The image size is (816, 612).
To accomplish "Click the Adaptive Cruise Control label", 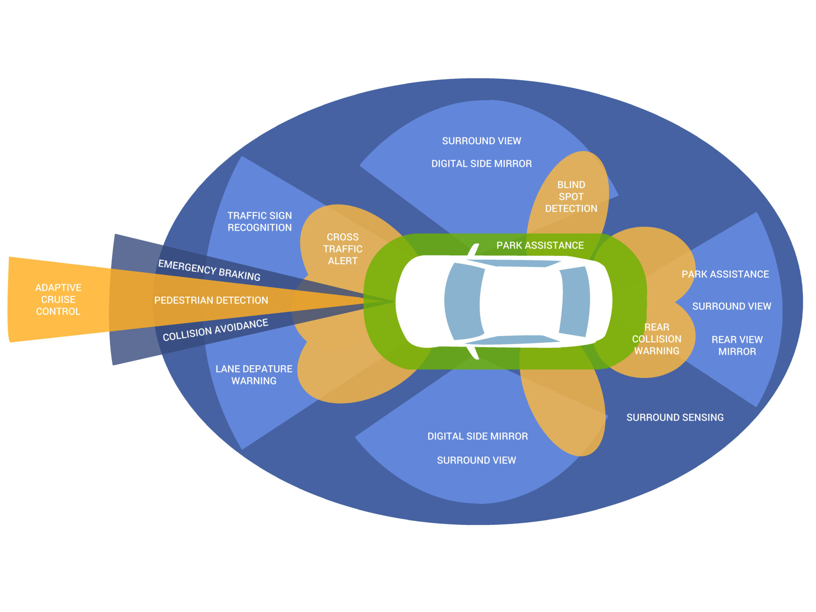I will pyautogui.click(x=58, y=299).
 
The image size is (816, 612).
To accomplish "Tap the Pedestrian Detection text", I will pyautogui.click(x=211, y=300).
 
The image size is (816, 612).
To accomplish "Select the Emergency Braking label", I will pyautogui.click(x=209, y=270).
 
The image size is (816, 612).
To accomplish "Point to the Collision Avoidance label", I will pyautogui.click(x=215, y=330).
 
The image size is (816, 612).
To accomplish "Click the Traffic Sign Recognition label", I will pyautogui.click(x=259, y=222).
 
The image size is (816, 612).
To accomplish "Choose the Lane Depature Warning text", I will pyautogui.click(x=254, y=375).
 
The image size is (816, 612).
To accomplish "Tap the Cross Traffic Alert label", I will pyautogui.click(x=343, y=249).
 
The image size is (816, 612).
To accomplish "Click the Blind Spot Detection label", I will pyautogui.click(x=571, y=196).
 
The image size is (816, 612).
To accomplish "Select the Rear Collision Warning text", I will pyautogui.click(x=656, y=339).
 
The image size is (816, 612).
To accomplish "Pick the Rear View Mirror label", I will pyautogui.click(x=737, y=345).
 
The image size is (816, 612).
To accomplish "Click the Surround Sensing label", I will pyautogui.click(x=675, y=417).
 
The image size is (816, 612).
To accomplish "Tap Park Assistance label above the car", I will pyautogui.click(x=540, y=245).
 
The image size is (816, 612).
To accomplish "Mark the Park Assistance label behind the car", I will pyautogui.click(x=725, y=274).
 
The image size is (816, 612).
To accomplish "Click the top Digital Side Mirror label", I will pyautogui.click(x=481, y=163).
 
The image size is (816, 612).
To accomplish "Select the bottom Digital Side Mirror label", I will pyautogui.click(x=477, y=436).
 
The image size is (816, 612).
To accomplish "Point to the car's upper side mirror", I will pyautogui.click(x=474, y=250).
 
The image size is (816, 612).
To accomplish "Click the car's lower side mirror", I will pyautogui.click(x=474, y=353).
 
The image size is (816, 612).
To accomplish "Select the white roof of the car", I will pyautogui.click(x=520, y=302).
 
